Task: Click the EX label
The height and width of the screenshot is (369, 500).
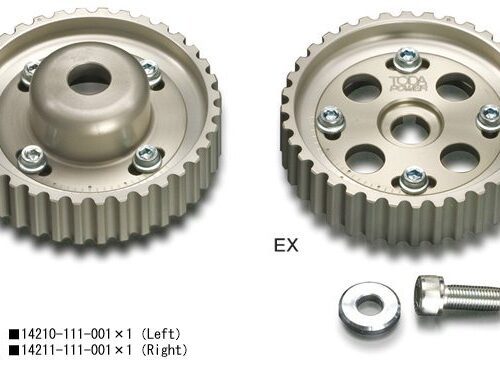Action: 286,245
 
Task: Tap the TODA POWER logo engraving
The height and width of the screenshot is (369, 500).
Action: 408,83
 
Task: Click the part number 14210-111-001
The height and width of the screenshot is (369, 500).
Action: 66,334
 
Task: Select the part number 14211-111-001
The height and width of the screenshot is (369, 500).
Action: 66,350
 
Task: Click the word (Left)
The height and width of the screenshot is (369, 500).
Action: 161,334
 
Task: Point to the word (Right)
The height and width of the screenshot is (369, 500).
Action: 164,350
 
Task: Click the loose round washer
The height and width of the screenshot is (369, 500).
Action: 369,306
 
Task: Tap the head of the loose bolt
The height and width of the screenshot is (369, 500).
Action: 431,294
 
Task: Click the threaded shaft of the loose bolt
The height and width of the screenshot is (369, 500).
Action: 473,298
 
